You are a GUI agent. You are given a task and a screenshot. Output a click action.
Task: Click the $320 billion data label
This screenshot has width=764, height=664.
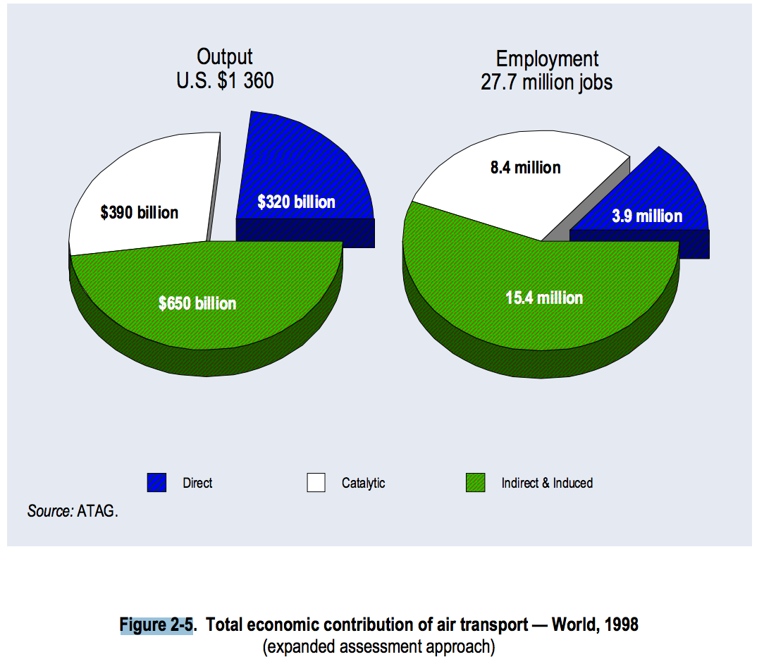click(296, 202)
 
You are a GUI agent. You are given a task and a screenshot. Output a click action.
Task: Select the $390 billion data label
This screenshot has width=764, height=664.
click(140, 212)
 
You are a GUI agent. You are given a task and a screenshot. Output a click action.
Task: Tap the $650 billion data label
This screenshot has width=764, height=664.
click(197, 303)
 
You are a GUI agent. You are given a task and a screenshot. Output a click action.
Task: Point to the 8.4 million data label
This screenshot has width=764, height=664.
click(526, 168)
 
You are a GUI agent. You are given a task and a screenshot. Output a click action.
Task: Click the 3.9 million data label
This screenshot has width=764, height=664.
click(647, 216)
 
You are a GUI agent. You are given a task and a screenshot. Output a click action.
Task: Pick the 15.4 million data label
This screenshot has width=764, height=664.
click(544, 297)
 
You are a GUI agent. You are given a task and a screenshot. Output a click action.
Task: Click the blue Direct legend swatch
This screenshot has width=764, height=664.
click(156, 483)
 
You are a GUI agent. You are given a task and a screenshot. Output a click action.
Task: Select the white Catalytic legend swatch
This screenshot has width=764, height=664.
click(316, 483)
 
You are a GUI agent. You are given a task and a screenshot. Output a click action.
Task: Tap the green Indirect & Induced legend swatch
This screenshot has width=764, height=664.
click(476, 483)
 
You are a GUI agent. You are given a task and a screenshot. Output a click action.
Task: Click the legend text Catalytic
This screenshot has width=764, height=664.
click(364, 483)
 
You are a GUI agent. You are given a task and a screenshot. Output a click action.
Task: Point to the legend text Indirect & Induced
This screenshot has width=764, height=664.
click(547, 483)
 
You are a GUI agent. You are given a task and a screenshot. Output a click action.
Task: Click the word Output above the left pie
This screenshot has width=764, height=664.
click(224, 57)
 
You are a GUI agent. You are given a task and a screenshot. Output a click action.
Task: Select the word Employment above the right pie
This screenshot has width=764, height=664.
click(547, 59)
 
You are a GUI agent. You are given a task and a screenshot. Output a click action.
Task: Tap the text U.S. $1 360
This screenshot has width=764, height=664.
click(225, 81)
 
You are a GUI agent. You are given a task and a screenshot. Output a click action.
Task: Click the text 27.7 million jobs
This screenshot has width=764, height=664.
click(547, 82)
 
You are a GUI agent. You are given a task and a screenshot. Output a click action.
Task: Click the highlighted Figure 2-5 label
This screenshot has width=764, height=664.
click(156, 625)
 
